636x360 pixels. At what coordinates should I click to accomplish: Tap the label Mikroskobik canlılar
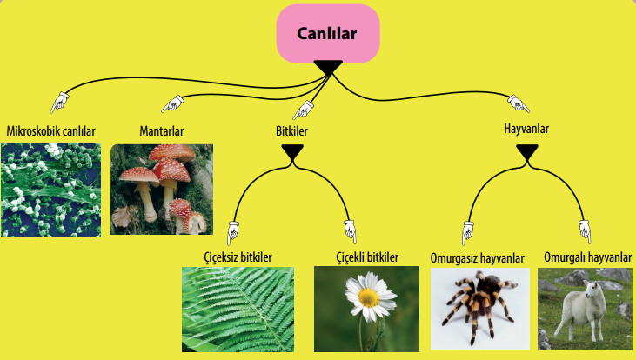point(50,131)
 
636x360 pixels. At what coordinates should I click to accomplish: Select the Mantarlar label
point(162,131)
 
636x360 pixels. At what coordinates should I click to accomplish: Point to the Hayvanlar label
point(526,129)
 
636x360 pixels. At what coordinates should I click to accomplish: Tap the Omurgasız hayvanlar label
point(478,258)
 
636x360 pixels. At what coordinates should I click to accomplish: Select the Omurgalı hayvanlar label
point(587,257)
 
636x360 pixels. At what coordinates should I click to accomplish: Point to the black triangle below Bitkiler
point(292,153)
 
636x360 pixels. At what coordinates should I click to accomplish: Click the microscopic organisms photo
point(50,190)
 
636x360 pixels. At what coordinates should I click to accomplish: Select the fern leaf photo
point(238,308)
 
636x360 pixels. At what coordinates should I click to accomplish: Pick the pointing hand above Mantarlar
point(173,103)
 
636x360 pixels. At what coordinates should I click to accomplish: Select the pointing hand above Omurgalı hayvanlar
point(585,232)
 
